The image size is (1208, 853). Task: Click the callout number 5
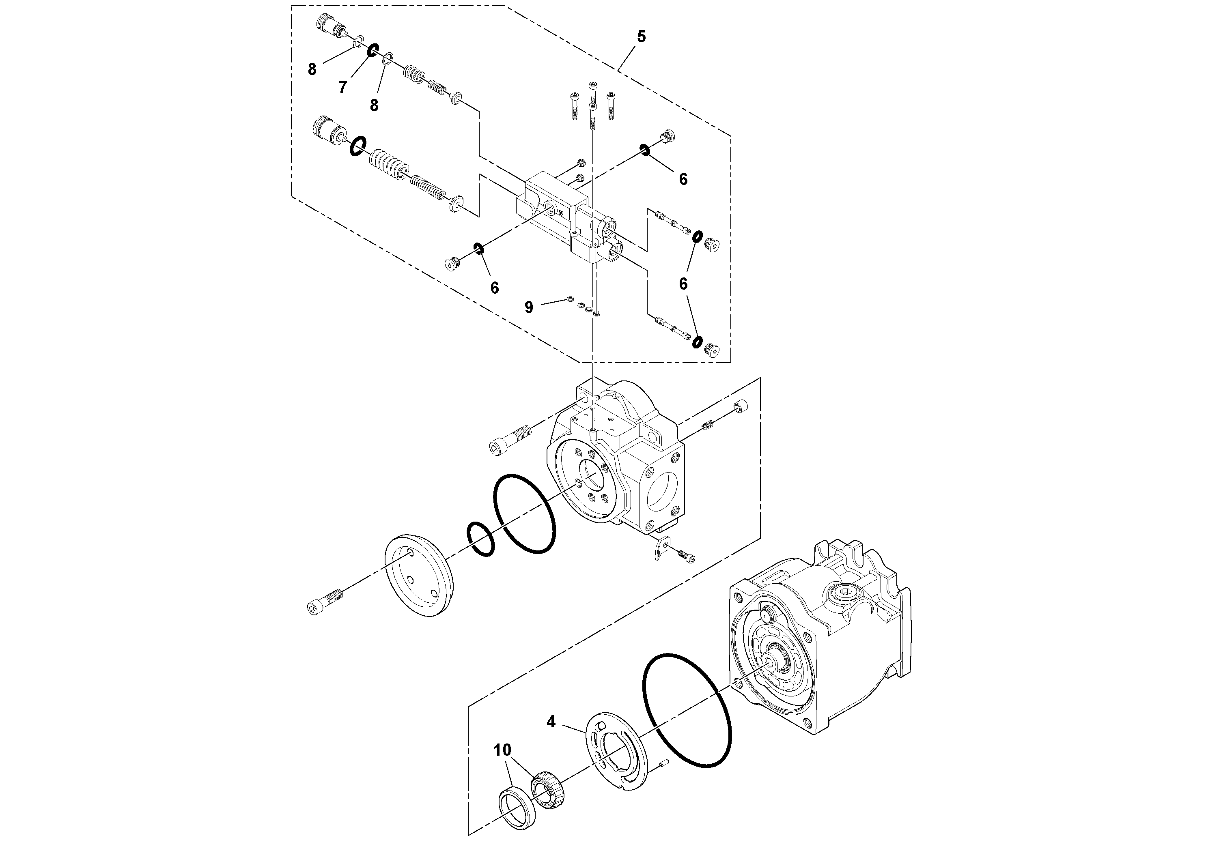pos(641,37)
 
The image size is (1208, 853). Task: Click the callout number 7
pos(342,87)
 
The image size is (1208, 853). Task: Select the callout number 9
pos(529,307)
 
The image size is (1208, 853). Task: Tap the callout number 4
pos(551,722)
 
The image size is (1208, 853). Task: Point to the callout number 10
pos(502,750)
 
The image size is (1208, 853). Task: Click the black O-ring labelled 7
pos(373,50)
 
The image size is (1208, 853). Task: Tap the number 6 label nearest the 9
pos(494,288)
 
